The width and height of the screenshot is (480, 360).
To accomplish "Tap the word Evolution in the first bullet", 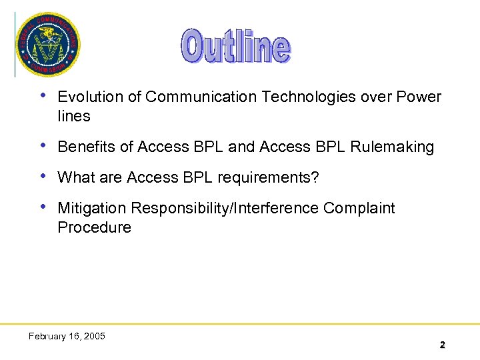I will pyautogui.click(x=91, y=97).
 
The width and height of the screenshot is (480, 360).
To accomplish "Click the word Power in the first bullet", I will pyautogui.click(x=419, y=97).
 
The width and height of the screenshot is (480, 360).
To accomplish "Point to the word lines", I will pyautogui.click(x=73, y=116).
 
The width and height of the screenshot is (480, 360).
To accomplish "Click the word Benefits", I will pyautogui.click(x=86, y=147).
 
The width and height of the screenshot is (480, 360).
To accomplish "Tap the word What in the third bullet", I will pyautogui.click(x=75, y=177).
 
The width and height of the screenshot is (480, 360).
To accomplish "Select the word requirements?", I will pyautogui.click(x=272, y=177).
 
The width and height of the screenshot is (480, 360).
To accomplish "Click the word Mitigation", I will pyautogui.click(x=92, y=208).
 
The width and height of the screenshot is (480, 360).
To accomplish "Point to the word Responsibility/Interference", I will pyautogui.click(x=225, y=208).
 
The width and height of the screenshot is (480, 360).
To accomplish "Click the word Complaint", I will pyautogui.click(x=359, y=208).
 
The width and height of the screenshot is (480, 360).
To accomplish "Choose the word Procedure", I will pyautogui.click(x=94, y=227).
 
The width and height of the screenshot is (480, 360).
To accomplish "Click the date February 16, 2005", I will pyautogui.click(x=67, y=336).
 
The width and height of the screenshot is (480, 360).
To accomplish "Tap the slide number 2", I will pyautogui.click(x=442, y=345).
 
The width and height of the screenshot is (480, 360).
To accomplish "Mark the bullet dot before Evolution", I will pyautogui.click(x=43, y=97).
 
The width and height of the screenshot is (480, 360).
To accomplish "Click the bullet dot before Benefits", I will pyautogui.click(x=43, y=146).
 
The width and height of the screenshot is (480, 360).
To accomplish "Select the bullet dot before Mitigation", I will pyautogui.click(x=43, y=207).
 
